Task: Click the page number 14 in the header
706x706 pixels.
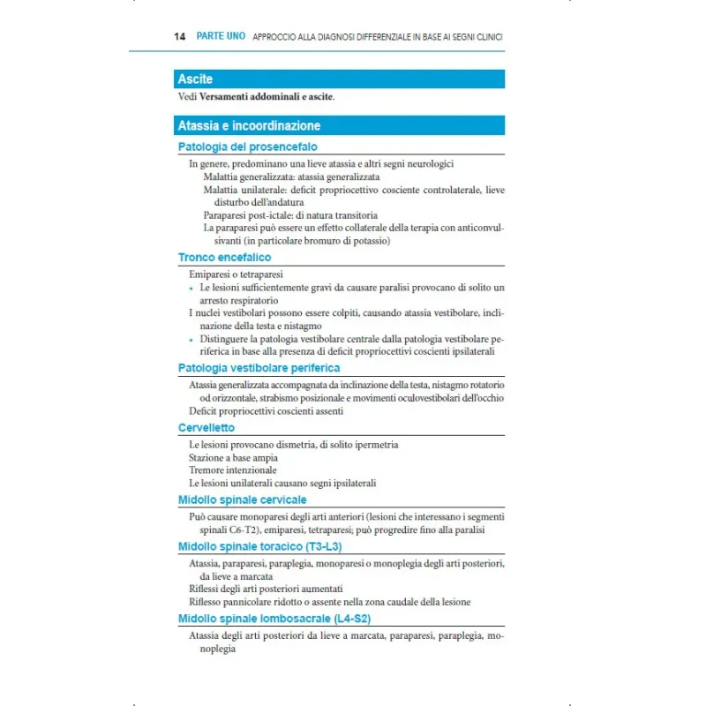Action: tap(180, 37)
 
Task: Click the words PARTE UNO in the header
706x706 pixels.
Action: tap(221, 37)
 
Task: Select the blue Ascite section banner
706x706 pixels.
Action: tap(340, 79)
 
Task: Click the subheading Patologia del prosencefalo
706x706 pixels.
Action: tap(247, 146)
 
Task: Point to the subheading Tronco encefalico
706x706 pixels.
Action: tap(224, 258)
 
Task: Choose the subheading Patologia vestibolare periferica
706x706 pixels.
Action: tap(259, 367)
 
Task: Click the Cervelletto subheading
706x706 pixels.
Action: tap(207, 427)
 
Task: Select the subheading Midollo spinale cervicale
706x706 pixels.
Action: tap(242, 499)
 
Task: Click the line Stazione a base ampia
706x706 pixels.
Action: tap(233, 458)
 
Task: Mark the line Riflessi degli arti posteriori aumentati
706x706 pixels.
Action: tap(266, 589)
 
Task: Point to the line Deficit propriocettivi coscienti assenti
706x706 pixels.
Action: tap(266, 410)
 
